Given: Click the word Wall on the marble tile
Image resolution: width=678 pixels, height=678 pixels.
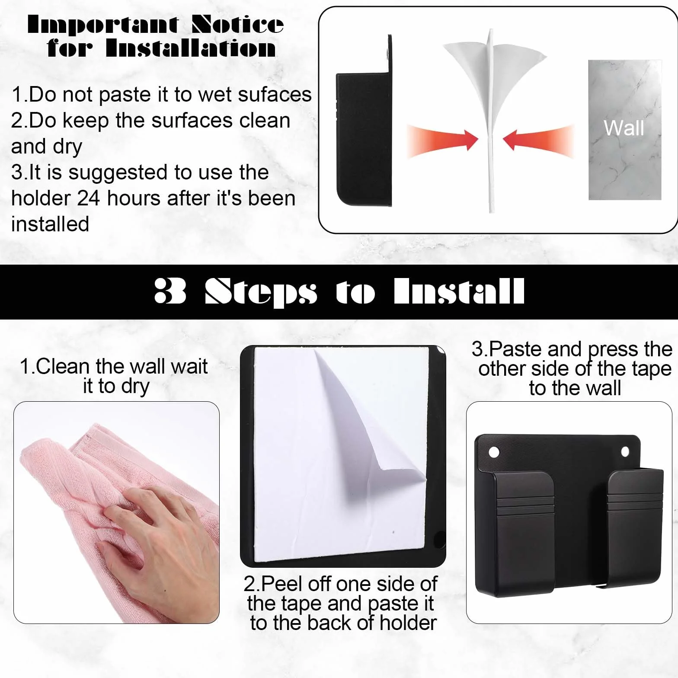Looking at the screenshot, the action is pos(624,128).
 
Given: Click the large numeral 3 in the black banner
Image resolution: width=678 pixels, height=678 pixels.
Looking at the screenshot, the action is pos(170,291).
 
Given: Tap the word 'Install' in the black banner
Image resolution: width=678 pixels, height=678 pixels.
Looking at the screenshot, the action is pos(459,291).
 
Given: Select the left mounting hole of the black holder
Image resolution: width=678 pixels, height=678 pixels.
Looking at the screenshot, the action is pos(493,453).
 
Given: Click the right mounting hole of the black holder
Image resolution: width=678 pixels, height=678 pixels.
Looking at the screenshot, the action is pos(625,452).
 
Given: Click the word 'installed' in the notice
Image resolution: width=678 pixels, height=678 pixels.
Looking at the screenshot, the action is pos(50,224).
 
